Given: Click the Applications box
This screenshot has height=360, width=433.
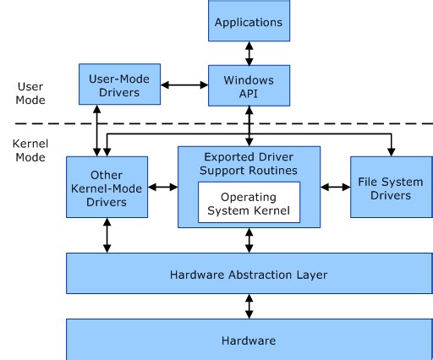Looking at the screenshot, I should [x=249, y=20].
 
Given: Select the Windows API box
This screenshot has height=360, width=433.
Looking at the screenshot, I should [x=249, y=85].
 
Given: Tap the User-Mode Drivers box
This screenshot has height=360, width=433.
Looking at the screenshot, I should [x=119, y=85].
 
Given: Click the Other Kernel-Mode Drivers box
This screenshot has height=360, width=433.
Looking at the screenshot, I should [x=107, y=189].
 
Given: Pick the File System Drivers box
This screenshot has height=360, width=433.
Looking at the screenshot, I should [x=390, y=188].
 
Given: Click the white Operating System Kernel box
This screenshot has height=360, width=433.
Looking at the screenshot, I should [x=249, y=203].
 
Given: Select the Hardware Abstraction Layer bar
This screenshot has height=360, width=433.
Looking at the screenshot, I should [x=249, y=274].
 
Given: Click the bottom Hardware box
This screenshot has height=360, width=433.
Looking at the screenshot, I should [x=249, y=341].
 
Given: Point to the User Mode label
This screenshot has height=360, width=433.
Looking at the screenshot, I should [x=30, y=93].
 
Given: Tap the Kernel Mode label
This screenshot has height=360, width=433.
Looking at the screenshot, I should [x=30, y=150].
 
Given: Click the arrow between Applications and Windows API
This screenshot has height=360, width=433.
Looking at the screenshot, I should [x=249, y=52].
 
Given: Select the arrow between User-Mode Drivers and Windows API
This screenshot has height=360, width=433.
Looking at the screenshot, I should [x=185, y=85].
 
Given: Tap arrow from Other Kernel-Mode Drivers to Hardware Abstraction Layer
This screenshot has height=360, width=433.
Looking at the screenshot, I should [x=107, y=236].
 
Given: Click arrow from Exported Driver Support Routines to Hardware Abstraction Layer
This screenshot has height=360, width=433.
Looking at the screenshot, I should [x=249, y=240].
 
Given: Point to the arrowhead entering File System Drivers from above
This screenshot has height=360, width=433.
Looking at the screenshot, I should [x=390, y=152].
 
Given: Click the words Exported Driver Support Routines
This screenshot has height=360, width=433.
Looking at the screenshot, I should [x=249, y=163].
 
